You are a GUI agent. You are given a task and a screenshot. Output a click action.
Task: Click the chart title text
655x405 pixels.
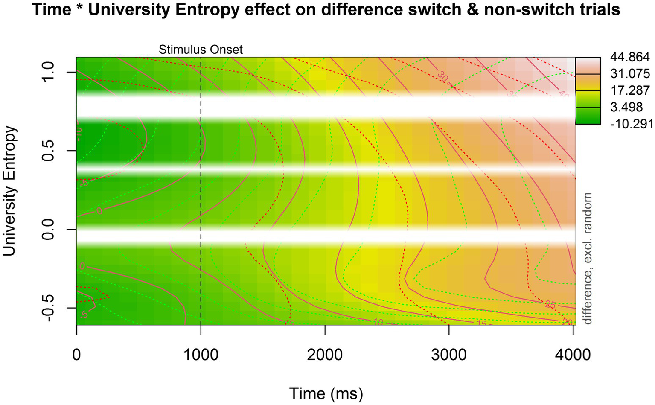[x=326, y=9]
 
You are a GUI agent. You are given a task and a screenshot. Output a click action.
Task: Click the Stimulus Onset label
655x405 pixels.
[x=201, y=50]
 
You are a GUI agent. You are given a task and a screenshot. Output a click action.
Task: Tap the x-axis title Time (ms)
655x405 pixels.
[x=326, y=393]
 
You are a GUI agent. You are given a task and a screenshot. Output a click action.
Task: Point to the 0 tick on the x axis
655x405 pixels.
[x=77, y=354]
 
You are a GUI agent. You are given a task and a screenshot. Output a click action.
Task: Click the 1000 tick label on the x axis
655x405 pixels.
[x=201, y=354]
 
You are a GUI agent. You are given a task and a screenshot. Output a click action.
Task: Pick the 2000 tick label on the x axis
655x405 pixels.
[x=325, y=354]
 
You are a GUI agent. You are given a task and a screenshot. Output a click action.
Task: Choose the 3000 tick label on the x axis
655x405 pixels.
[x=449, y=354]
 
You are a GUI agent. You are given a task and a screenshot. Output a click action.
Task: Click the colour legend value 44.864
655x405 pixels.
[x=630, y=57]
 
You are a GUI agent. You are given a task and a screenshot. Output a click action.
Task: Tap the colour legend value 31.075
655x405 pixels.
[x=630, y=74]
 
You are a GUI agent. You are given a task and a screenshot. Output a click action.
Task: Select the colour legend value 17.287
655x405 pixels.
[x=630, y=90]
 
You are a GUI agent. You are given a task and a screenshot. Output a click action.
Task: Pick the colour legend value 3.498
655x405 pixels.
[x=626, y=107]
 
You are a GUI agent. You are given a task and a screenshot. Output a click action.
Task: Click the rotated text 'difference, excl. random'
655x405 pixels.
[x=588, y=258]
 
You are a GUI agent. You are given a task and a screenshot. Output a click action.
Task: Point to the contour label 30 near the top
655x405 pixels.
[x=442, y=78]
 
